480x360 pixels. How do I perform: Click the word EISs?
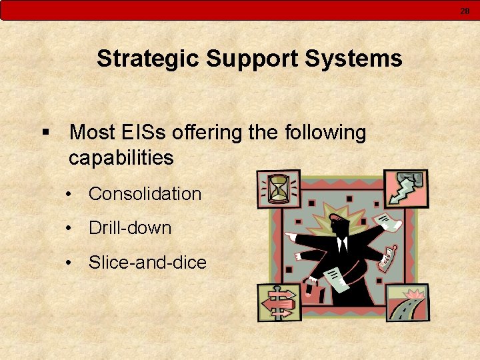coord(143,133)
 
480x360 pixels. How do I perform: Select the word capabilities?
coord(121,158)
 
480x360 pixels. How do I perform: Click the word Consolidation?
coord(145,194)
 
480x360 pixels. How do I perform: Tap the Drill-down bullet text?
coord(130,228)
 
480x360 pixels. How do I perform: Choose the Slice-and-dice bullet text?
coord(147,263)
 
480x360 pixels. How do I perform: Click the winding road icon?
coord(407,303)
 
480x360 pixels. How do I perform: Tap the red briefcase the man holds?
coord(311,288)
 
